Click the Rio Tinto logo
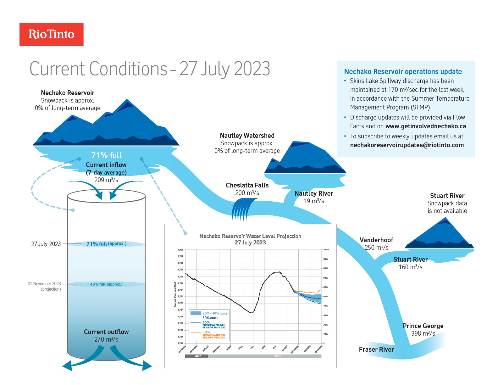click(x=52, y=34)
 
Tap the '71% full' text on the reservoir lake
click(x=106, y=155)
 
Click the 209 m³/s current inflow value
click(x=106, y=180)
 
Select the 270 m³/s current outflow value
click(x=106, y=339)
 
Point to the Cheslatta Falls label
click(x=247, y=185)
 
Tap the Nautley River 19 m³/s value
click(x=314, y=201)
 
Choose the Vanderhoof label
click(x=376, y=240)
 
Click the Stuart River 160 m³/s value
click(x=411, y=267)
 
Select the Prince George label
click(x=423, y=326)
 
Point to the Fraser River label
click(x=376, y=349)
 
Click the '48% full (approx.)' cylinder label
click(x=106, y=284)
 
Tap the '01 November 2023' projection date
click(x=44, y=284)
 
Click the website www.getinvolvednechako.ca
click(x=426, y=126)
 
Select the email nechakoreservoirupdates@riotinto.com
click(x=407, y=145)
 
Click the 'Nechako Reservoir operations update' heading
click(x=403, y=72)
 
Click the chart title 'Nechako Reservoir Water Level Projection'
click(x=250, y=236)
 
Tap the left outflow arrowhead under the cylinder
click(x=67, y=366)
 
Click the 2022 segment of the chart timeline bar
click(x=196, y=356)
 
